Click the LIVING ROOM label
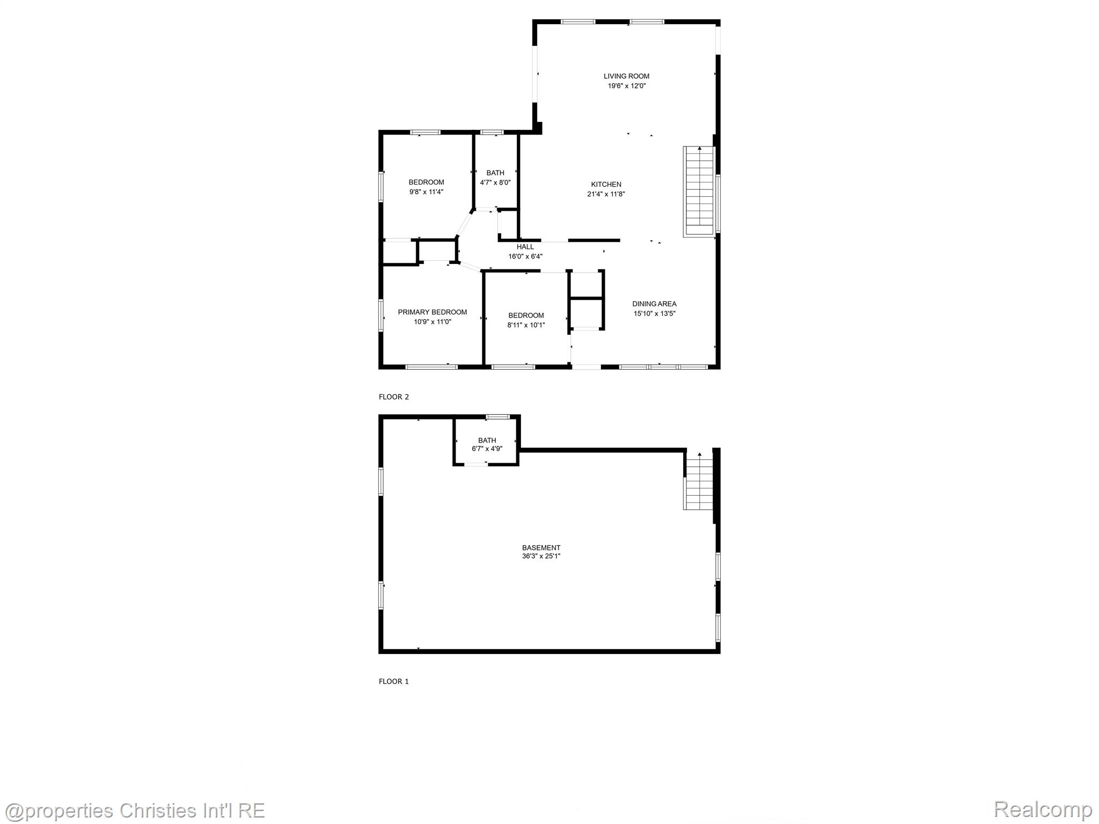coord(626,76)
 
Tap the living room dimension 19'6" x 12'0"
coord(626,86)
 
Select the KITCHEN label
coord(606,185)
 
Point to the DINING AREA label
coord(654,304)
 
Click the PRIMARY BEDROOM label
coord(432,312)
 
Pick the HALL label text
coord(525,247)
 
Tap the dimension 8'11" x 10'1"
coord(526,325)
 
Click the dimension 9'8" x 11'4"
coord(426,192)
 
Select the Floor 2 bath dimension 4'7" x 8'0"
coord(495,182)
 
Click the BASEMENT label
coord(541,548)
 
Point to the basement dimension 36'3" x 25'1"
coord(541,556)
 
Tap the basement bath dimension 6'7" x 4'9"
coord(487,448)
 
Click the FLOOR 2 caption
coord(394,397)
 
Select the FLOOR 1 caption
coord(394,681)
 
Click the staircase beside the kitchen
coord(699,191)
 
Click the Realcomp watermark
coord(1042,809)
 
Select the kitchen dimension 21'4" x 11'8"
coord(606,194)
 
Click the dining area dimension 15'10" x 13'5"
coord(654,313)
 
